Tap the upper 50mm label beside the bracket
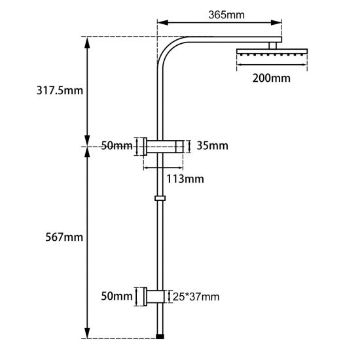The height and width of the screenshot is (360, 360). pos(117,145)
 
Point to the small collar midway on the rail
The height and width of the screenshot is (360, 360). pos(160,197)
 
